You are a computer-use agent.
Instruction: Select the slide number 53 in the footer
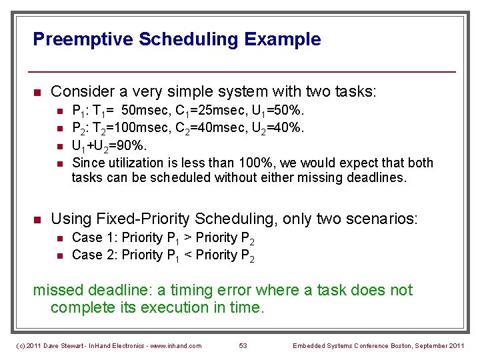click(x=243, y=345)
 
